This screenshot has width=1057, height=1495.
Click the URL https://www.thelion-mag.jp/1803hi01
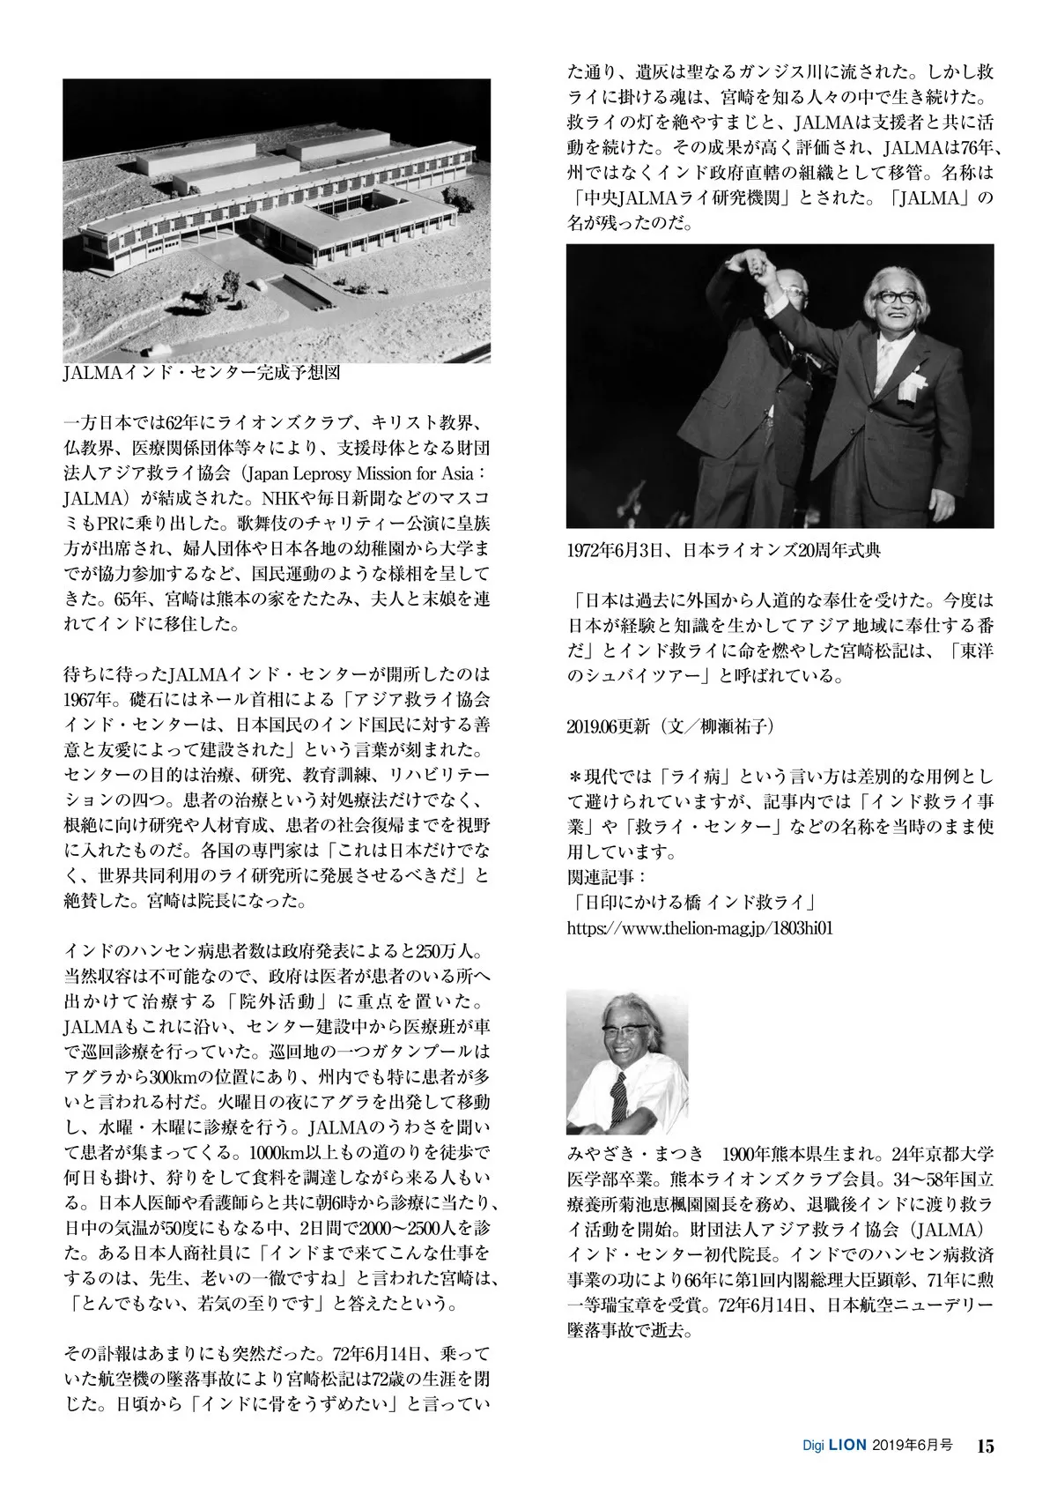click(x=700, y=927)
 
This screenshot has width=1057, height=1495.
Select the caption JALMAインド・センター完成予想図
click(x=202, y=373)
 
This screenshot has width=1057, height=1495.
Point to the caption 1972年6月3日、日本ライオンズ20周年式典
click(x=723, y=551)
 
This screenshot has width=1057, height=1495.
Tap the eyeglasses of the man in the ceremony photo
click(x=891, y=298)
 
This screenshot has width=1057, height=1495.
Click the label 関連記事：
click(x=607, y=878)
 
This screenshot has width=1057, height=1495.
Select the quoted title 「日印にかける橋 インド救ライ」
click(x=695, y=903)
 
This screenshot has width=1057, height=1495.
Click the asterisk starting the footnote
click(x=576, y=777)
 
